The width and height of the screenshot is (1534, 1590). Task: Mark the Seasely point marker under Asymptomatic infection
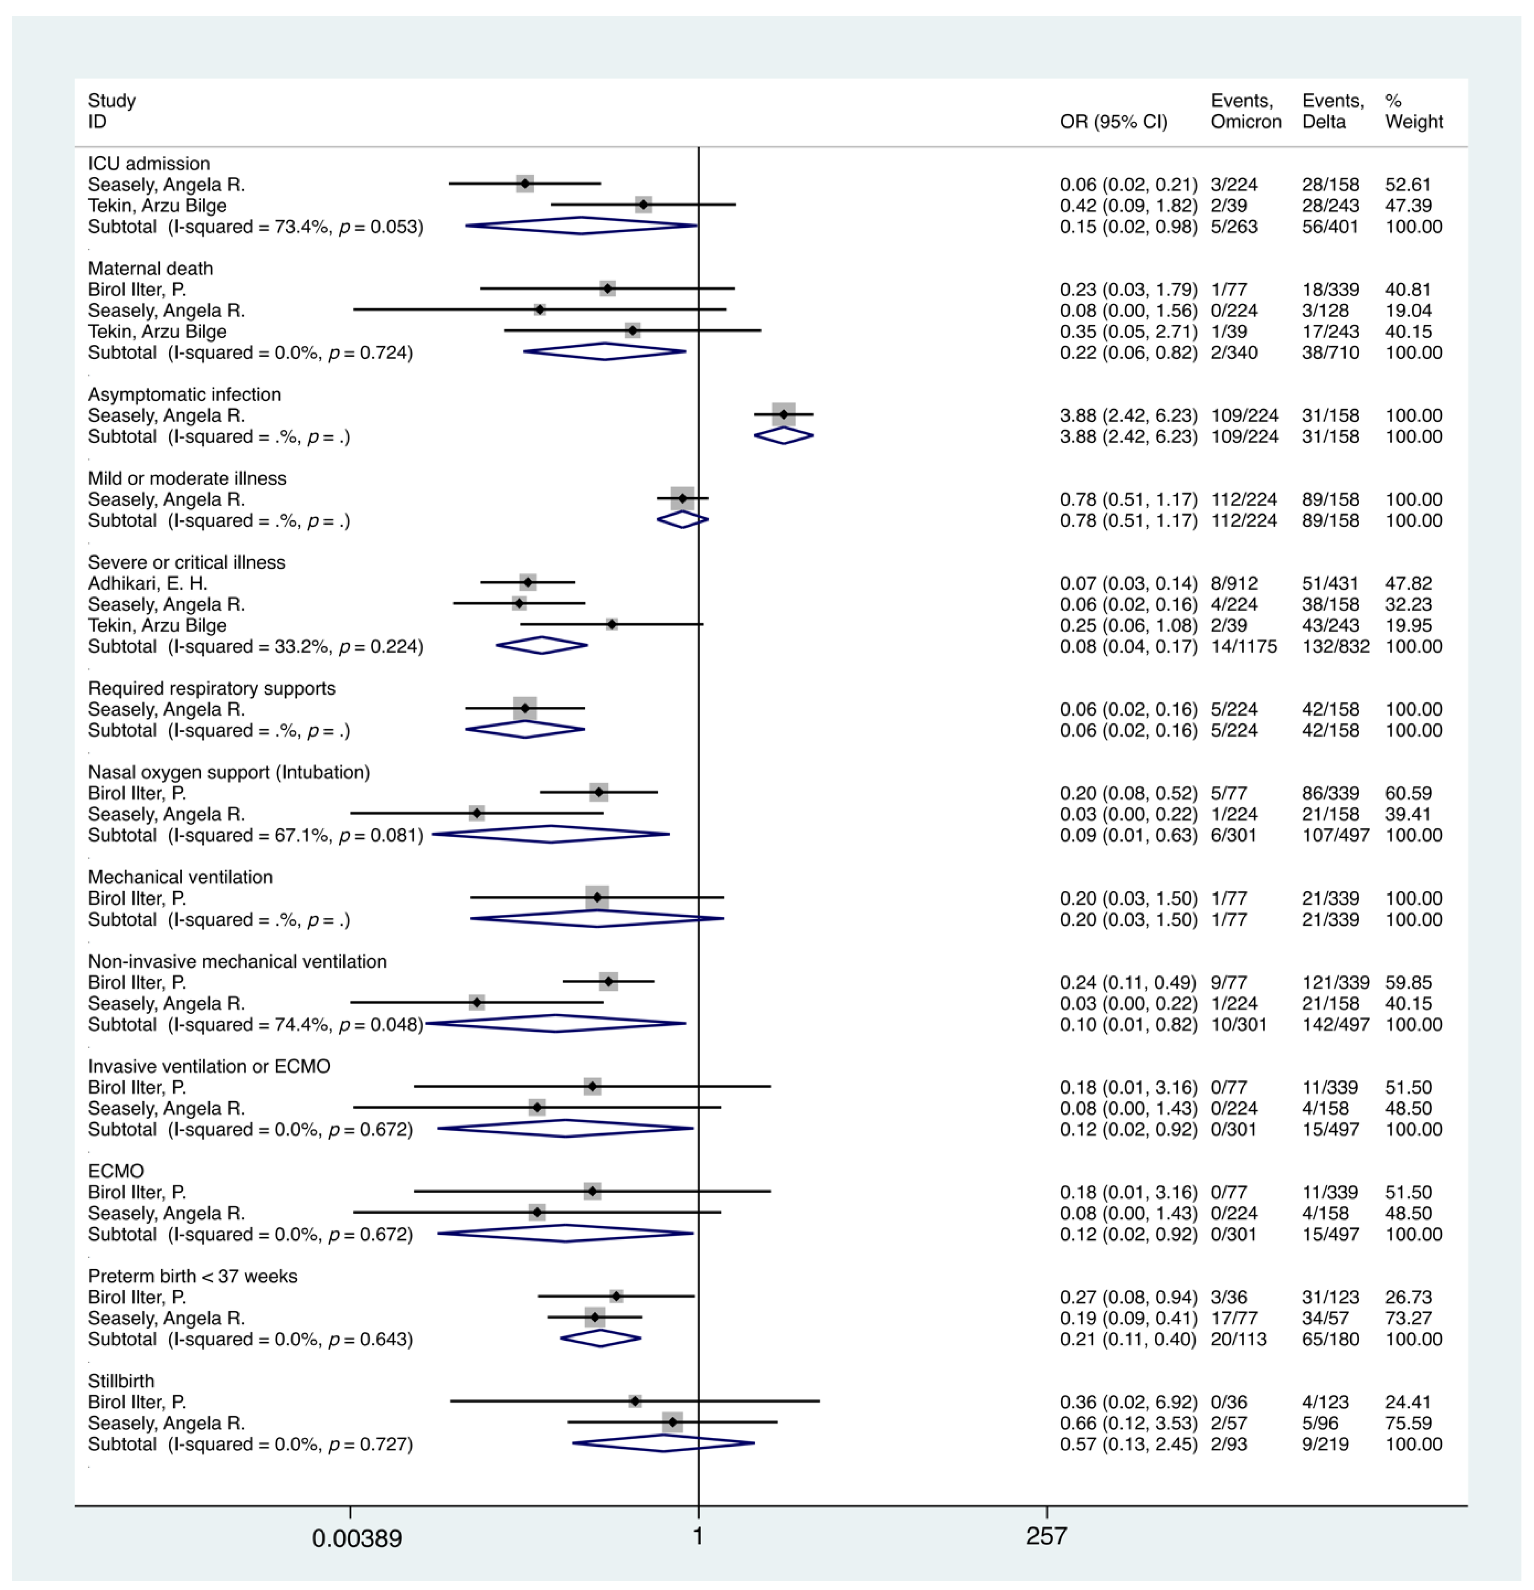click(x=783, y=415)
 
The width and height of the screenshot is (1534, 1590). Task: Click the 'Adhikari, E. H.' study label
click(x=148, y=583)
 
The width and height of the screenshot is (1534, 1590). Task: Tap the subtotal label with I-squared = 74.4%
click(x=256, y=1024)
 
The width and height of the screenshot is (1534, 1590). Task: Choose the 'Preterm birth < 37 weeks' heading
click(x=192, y=1276)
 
